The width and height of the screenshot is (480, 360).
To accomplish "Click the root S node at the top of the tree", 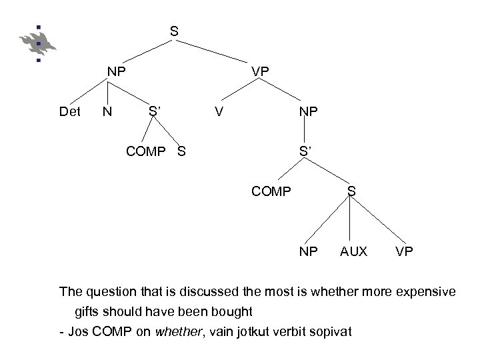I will pyautogui.click(x=173, y=31).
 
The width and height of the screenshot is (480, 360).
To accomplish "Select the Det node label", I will pyautogui.click(x=69, y=112).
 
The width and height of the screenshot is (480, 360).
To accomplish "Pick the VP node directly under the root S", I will pyautogui.click(x=260, y=71).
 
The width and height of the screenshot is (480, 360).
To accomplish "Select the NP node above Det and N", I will pyautogui.click(x=118, y=71).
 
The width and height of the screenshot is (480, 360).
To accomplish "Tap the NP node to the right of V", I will pyautogui.click(x=308, y=112).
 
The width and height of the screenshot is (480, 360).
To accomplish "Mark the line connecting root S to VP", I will pyautogui.click(x=217, y=51).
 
